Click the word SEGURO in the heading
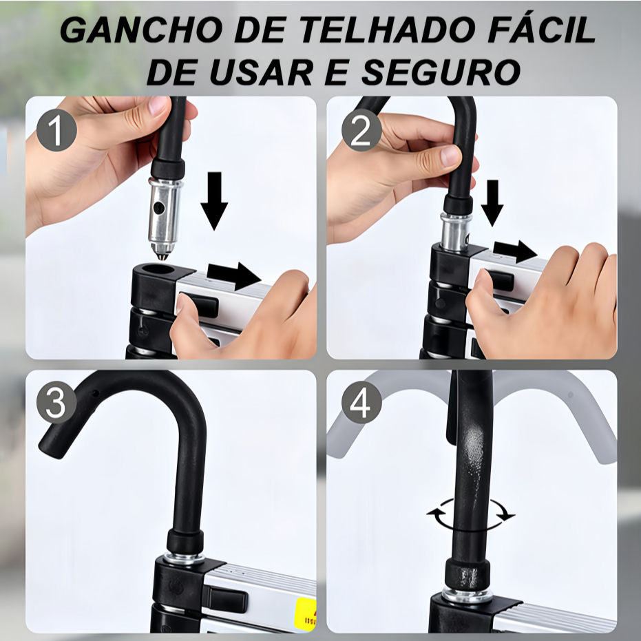441,72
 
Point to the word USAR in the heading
261,72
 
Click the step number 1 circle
56,130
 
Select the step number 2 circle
361,130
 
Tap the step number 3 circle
56,403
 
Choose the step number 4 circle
361,403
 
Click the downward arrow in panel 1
214,201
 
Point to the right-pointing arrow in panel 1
234,275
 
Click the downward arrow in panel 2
492,202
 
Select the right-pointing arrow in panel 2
515,251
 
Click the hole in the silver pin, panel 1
158,209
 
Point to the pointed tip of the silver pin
162,258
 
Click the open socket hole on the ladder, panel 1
157,269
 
